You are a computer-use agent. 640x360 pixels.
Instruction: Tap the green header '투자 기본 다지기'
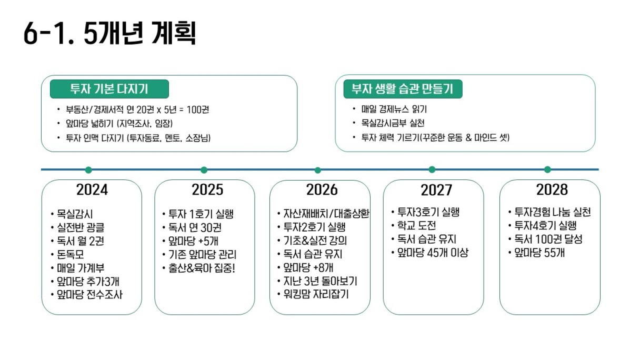(x=109, y=89)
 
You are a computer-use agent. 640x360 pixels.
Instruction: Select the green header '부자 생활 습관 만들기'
(x=403, y=89)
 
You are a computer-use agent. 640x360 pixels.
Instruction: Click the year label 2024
(x=92, y=189)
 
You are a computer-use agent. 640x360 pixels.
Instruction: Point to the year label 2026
(x=322, y=189)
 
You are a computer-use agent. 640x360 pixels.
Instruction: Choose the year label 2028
(x=552, y=189)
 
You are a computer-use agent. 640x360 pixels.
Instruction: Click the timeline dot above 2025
(x=204, y=170)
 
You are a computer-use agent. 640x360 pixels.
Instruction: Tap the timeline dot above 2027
(x=432, y=169)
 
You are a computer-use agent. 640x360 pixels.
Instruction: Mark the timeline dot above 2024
(x=88, y=170)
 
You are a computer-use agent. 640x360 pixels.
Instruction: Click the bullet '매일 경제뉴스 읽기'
(x=394, y=109)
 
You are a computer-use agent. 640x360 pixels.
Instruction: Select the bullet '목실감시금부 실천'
(x=393, y=123)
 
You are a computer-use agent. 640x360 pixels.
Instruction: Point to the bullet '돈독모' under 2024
(x=71, y=254)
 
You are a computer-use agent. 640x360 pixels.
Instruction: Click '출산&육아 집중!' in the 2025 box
(x=202, y=268)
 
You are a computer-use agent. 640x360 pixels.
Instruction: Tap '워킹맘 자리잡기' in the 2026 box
(x=316, y=294)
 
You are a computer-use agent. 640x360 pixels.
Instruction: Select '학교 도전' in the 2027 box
(x=416, y=226)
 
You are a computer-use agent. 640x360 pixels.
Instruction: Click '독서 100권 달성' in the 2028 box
(x=548, y=239)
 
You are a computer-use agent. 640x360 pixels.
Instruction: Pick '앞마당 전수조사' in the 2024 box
(x=89, y=295)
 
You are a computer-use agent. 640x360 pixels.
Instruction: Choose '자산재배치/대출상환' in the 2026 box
(x=326, y=214)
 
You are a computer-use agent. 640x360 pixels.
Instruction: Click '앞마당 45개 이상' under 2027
(x=433, y=253)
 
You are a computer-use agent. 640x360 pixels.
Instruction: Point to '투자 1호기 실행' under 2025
(x=201, y=214)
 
